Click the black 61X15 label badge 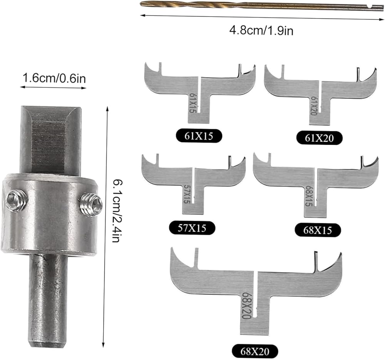pyautogui.click(x=199, y=136)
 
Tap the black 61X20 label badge pyautogui.click(x=319, y=138)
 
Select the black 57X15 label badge pyautogui.click(x=192, y=228)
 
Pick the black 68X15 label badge pyautogui.click(x=318, y=230)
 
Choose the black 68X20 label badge pyautogui.click(x=255, y=352)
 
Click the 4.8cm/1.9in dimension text pyautogui.click(x=261, y=31)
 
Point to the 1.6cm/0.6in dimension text pyautogui.click(x=54, y=78)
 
